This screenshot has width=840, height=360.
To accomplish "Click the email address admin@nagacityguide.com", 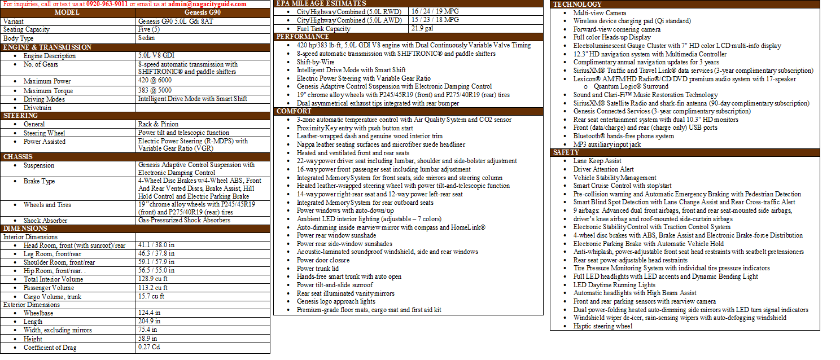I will (x=207, y=4).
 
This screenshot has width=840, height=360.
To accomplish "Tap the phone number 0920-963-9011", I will (x=107, y=4).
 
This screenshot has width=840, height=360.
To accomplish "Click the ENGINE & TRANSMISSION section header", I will (x=47, y=47).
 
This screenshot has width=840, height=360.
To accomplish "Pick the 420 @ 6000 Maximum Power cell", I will (x=154, y=81).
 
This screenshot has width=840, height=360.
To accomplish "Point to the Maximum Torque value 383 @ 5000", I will (x=154, y=90).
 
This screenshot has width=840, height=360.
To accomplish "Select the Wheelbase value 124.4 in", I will (x=150, y=313).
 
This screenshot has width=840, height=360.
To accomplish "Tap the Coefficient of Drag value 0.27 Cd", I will (x=149, y=348).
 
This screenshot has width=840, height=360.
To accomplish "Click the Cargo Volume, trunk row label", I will (x=53, y=296).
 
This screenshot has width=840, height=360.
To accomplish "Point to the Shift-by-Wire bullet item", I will (x=316, y=62).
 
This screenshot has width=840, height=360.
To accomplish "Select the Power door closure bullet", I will (x=323, y=260).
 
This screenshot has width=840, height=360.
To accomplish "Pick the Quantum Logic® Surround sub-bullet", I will (x=623, y=87).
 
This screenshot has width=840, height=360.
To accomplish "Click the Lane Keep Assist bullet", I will (x=597, y=161).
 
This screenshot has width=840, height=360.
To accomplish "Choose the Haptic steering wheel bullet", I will (x=603, y=326).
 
